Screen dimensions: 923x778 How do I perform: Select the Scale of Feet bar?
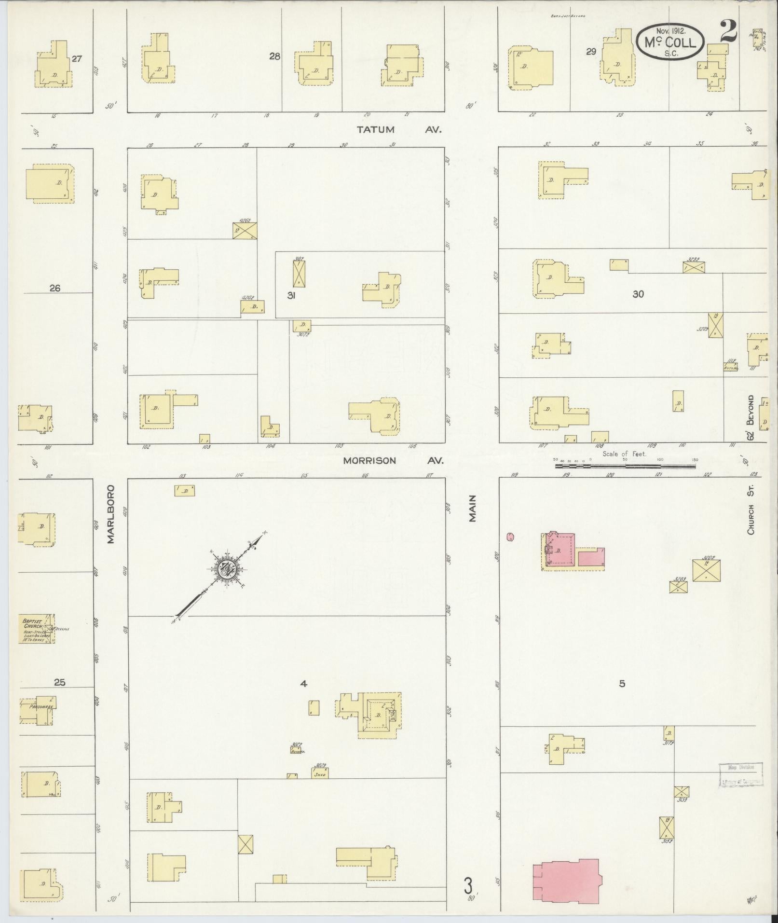pos(626,467)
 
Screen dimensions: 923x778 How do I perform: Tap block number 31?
pos(291,295)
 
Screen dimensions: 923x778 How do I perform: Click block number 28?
pos(274,56)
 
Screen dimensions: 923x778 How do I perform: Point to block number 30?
pos(638,294)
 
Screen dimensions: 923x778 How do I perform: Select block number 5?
pos(622,683)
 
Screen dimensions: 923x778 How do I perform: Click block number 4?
pos(303,683)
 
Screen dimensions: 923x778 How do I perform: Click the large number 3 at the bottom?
pos(467,885)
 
